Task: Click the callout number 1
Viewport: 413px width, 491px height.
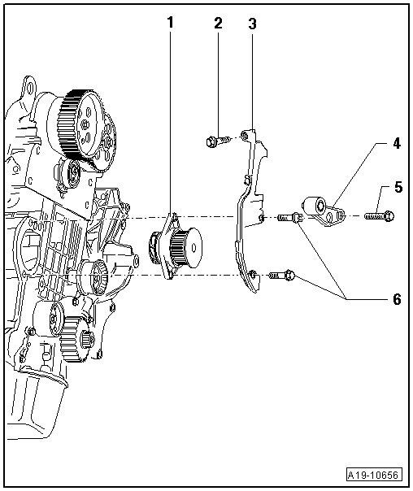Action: click(x=171, y=23)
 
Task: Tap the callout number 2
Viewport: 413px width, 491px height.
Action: click(x=218, y=23)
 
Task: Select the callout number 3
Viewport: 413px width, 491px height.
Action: click(x=252, y=24)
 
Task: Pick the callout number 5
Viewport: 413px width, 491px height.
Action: click(x=398, y=187)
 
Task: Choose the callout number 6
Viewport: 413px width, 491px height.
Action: click(x=397, y=299)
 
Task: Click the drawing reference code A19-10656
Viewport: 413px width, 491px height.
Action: click(x=375, y=476)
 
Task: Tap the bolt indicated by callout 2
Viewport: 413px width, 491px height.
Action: click(x=217, y=142)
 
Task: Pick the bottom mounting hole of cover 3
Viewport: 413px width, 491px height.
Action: click(x=253, y=275)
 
